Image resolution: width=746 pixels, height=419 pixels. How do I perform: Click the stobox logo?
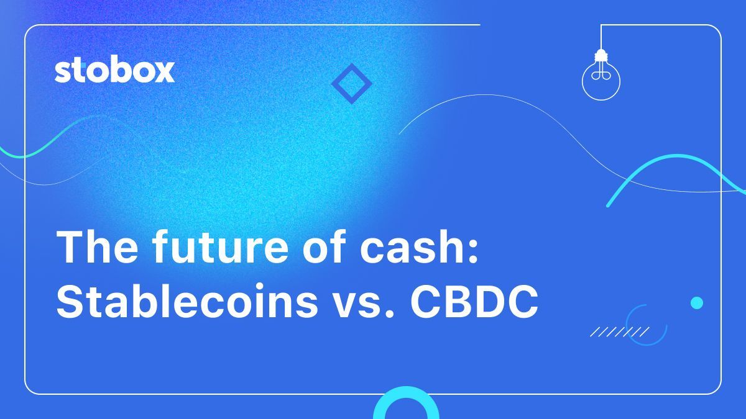(x=114, y=71)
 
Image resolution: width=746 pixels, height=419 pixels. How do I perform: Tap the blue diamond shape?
(x=351, y=83)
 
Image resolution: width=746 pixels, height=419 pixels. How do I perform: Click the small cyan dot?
(x=697, y=303)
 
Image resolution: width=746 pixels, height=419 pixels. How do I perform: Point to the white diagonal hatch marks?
(x=619, y=332)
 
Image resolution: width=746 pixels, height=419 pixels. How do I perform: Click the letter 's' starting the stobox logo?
(x=63, y=73)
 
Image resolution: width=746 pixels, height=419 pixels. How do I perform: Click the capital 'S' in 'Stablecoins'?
(x=70, y=304)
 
